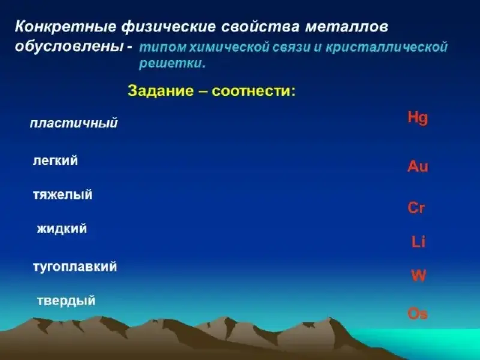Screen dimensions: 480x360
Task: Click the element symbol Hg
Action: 418,118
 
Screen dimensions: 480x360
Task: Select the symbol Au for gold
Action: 418,166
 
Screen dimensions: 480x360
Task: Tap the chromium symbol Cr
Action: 416,208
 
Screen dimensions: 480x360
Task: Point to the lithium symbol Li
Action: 418,242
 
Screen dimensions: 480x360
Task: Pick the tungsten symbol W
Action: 418,275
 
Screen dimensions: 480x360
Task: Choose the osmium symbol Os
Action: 418,314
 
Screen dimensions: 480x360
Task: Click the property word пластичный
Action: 74,124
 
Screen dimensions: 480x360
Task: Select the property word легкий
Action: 55,161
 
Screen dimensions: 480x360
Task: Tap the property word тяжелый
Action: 63,194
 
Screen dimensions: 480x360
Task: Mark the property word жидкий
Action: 62,229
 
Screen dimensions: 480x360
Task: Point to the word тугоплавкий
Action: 75,266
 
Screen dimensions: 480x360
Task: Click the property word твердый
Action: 66,301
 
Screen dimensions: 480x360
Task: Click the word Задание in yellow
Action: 161,91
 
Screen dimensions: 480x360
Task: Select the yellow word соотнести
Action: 254,91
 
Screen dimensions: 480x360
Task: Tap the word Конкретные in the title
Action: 65,26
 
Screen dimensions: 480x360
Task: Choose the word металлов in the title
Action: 347,26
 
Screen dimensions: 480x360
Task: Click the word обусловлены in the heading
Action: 70,46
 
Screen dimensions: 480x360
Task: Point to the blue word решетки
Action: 172,64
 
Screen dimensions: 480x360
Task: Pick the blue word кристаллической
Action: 386,47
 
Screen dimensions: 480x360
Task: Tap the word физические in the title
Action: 169,27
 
